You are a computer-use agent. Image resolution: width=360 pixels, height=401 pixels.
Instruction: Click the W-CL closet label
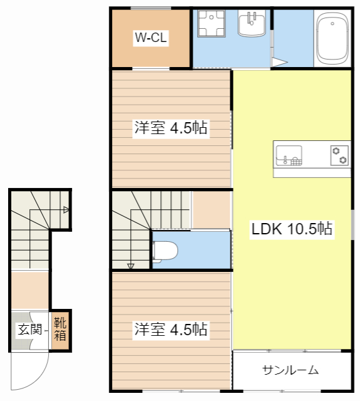click(x=151, y=38)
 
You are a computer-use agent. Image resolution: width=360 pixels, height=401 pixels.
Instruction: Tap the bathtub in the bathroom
click(x=332, y=38)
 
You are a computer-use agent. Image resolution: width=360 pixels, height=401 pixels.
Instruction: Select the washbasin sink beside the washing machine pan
click(x=252, y=24)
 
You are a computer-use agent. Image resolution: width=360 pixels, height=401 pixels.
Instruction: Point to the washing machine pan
click(x=212, y=24)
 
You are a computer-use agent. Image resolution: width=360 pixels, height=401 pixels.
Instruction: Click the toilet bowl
click(x=165, y=251)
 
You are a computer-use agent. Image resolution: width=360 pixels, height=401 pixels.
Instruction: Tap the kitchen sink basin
click(x=289, y=155)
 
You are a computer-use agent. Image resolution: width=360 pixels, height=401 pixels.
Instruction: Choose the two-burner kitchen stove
click(x=339, y=155)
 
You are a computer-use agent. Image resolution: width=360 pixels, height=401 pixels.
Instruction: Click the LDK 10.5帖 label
click(x=292, y=229)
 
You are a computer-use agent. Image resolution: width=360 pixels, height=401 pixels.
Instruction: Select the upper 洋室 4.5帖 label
click(x=171, y=128)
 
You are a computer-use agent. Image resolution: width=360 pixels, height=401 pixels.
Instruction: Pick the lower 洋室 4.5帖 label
click(x=171, y=329)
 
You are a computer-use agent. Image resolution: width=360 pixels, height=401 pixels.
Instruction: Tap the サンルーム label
click(x=291, y=370)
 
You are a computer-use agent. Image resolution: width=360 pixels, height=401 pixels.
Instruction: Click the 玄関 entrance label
click(x=30, y=329)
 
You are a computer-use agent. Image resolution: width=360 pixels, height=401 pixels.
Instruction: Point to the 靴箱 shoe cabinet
click(x=60, y=329)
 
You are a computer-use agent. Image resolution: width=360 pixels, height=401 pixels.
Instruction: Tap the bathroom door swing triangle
click(x=279, y=62)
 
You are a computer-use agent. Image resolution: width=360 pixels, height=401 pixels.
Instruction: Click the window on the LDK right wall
click(x=353, y=224)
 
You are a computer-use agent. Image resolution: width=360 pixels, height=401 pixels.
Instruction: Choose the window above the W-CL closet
click(x=151, y=8)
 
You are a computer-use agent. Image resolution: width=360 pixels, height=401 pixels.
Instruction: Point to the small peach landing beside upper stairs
click(x=212, y=210)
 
